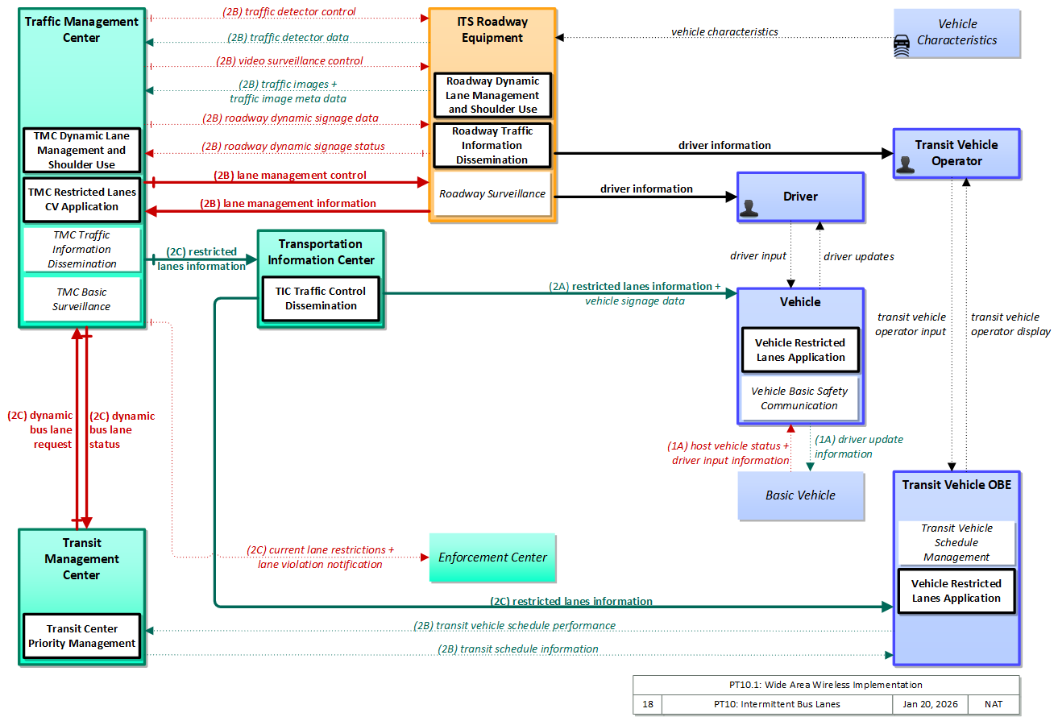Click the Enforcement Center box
(492, 557)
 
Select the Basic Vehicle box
(801, 495)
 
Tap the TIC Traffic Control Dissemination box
(321, 299)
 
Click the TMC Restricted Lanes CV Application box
(81, 199)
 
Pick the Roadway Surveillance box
(492, 193)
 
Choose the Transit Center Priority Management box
(81, 636)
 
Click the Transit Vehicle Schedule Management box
(956, 542)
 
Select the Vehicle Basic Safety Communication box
(799, 398)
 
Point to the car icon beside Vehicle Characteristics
(902, 46)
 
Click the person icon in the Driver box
(749, 209)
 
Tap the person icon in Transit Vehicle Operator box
(905, 165)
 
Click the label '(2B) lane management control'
(290, 176)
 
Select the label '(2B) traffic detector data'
(288, 37)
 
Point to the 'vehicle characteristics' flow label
(724, 31)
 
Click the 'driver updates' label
(859, 256)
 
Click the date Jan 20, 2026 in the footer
(930, 704)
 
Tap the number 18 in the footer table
(648, 704)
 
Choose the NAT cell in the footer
(994, 704)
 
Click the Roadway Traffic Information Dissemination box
(492, 146)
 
